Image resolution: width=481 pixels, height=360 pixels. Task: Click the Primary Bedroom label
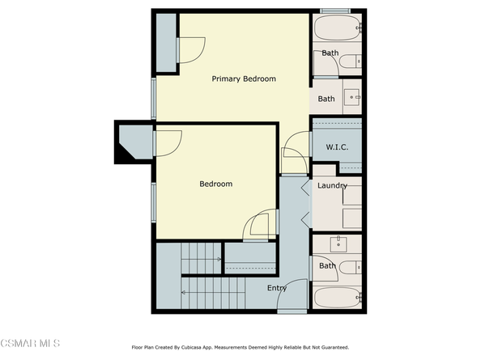tap(244, 79)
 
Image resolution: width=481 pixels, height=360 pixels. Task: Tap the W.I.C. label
tap(337, 147)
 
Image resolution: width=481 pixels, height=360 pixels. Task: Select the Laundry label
tap(332, 186)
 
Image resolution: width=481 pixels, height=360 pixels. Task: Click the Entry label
tap(277, 288)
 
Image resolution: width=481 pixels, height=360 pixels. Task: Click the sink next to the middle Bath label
tap(354, 98)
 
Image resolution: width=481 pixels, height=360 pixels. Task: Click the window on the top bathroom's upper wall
tap(335, 11)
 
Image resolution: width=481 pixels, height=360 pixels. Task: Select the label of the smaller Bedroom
tap(215, 184)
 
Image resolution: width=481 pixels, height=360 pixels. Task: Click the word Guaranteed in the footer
tap(330, 347)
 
